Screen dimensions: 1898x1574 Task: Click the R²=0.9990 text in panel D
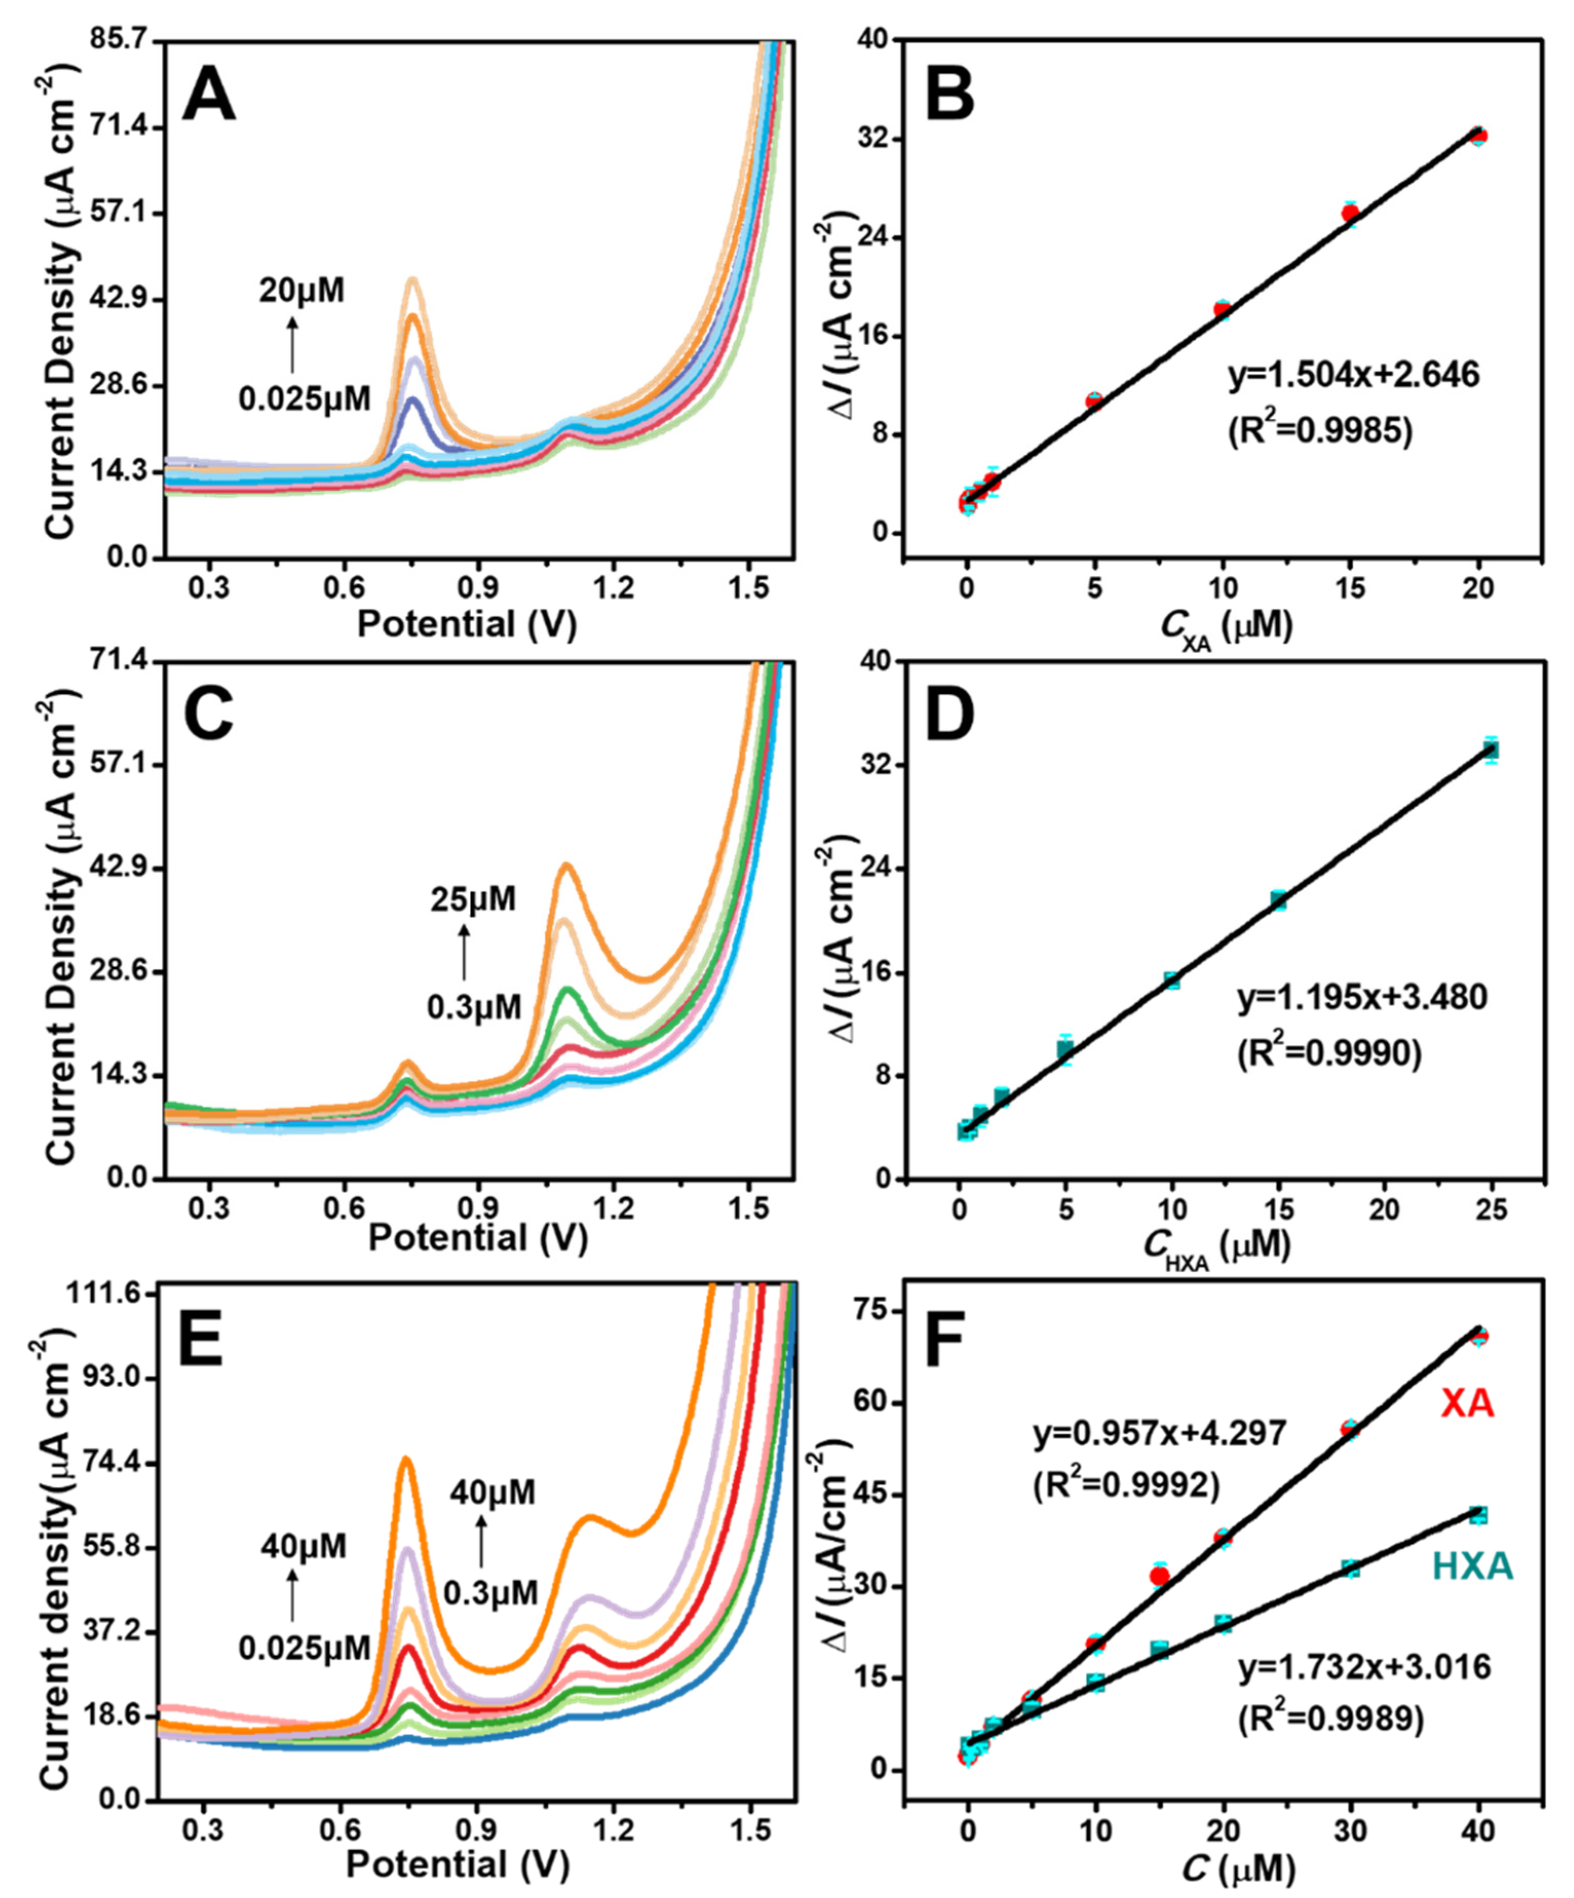click(1328, 1053)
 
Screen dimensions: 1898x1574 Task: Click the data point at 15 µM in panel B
click(1350, 213)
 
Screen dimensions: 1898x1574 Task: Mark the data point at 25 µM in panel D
click(1490, 749)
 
